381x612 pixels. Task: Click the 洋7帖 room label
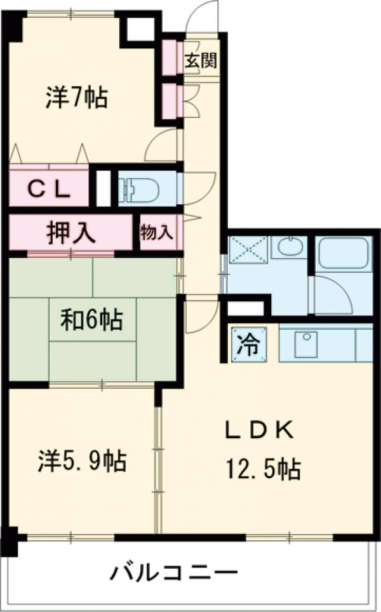76,97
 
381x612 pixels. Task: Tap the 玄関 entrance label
201,61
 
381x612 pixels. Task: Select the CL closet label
48,188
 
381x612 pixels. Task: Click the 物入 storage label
156,232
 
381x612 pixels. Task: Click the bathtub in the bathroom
342,254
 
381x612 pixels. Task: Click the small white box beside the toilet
103,188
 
